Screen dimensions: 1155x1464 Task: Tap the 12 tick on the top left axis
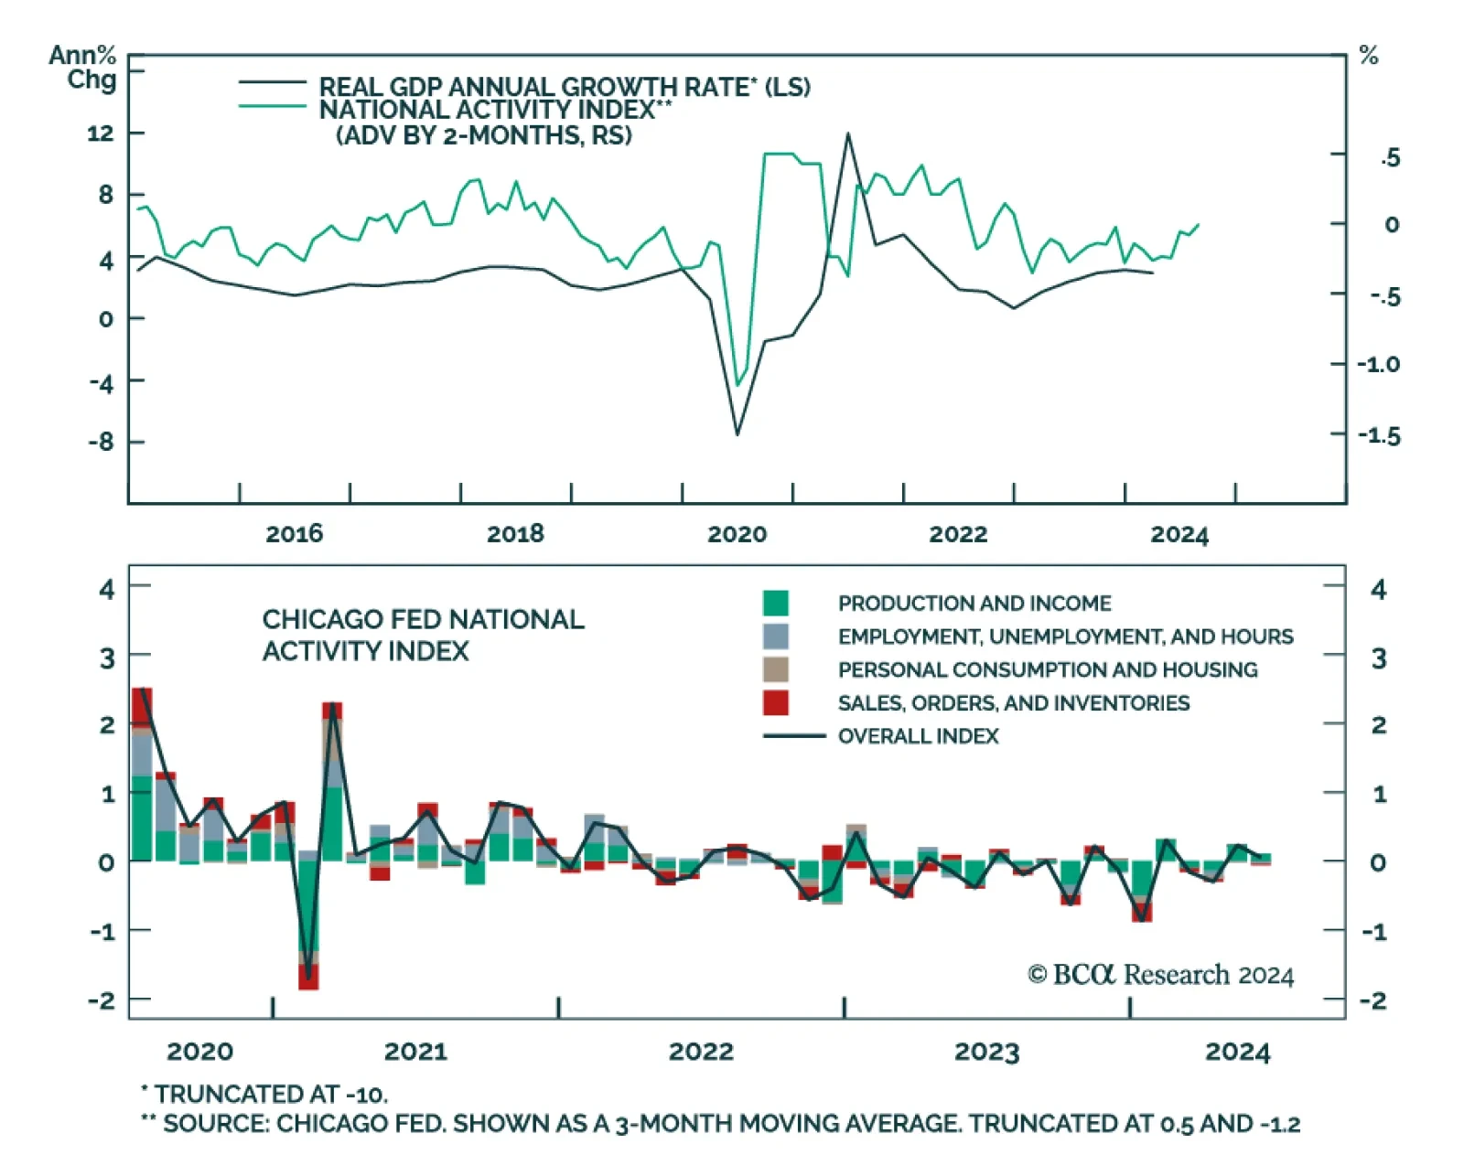click(101, 134)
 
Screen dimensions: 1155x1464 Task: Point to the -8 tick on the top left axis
click(101, 443)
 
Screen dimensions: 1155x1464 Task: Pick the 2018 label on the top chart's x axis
click(515, 534)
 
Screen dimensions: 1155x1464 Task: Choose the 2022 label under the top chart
click(958, 534)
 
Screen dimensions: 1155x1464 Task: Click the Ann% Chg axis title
click(83, 68)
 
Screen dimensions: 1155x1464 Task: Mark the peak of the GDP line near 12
click(847, 134)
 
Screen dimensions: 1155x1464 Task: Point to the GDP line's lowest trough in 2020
click(737, 434)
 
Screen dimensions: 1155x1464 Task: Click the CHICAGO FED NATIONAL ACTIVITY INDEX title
click(423, 635)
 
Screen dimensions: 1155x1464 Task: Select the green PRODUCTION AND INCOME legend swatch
click(776, 604)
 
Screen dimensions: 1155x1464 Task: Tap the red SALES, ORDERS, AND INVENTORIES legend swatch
click(776, 702)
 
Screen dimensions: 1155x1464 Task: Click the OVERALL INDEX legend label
click(918, 736)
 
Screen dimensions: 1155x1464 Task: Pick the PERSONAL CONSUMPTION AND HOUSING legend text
click(1048, 669)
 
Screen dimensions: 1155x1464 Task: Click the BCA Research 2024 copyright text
click(1160, 975)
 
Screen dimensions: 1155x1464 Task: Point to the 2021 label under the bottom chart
click(415, 1052)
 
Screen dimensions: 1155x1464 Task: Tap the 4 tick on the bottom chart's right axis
click(1378, 590)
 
